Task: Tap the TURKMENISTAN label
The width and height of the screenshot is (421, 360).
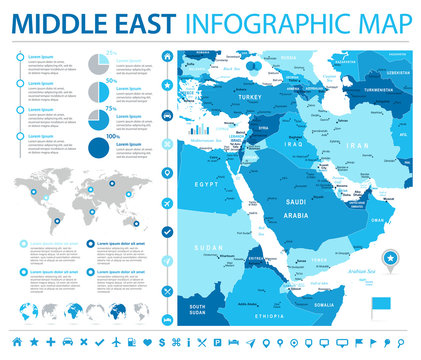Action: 380,89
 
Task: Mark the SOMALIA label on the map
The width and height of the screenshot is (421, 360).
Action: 322,304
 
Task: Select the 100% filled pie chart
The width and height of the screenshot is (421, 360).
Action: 99,149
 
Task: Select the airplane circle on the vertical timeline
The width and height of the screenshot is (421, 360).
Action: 165,290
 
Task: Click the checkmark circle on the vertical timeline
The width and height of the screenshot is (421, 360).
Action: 165,231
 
